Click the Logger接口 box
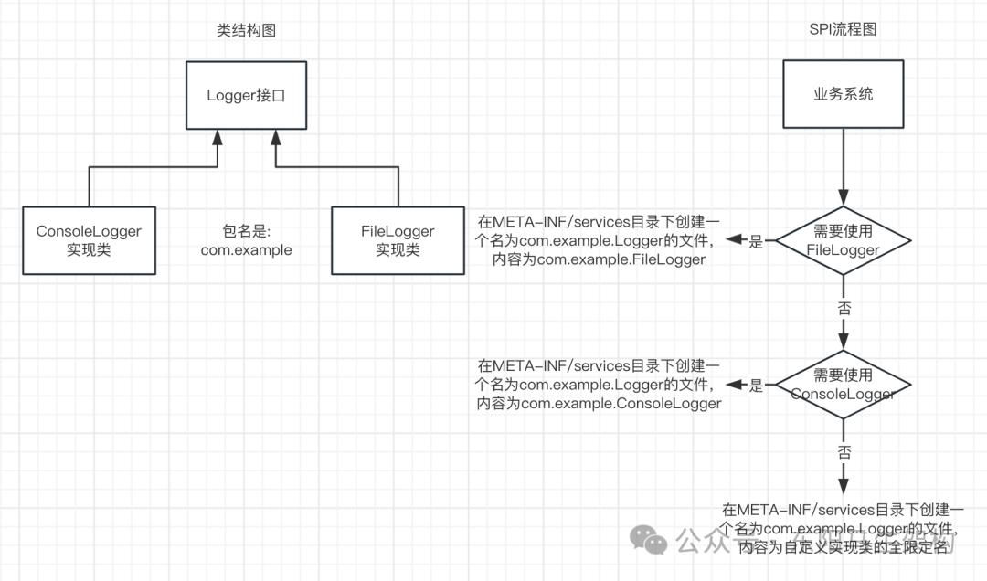(x=246, y=95)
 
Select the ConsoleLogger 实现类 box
(x=89, y=240)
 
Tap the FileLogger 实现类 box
(x=398, y=240)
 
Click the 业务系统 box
(x=843, y=95)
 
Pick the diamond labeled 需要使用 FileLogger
(x=843, y=241)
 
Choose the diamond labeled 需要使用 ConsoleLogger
(x=843, y=385)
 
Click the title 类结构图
(x=246, y=30)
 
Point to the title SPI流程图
(x=843, y=30)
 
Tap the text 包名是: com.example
(x=247, y=240)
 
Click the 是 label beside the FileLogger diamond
(x=756, y=242)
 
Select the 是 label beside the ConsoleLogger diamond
(x=756, y=386)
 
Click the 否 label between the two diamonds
(x=843, y=309)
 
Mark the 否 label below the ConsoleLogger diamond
(x=843, y=452)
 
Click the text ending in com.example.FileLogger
(x=599, y=241)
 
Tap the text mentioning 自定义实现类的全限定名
(x=842, y=528)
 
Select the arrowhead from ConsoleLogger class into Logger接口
(x=217, y=138)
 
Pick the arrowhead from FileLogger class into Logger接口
(x=275, y=138)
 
